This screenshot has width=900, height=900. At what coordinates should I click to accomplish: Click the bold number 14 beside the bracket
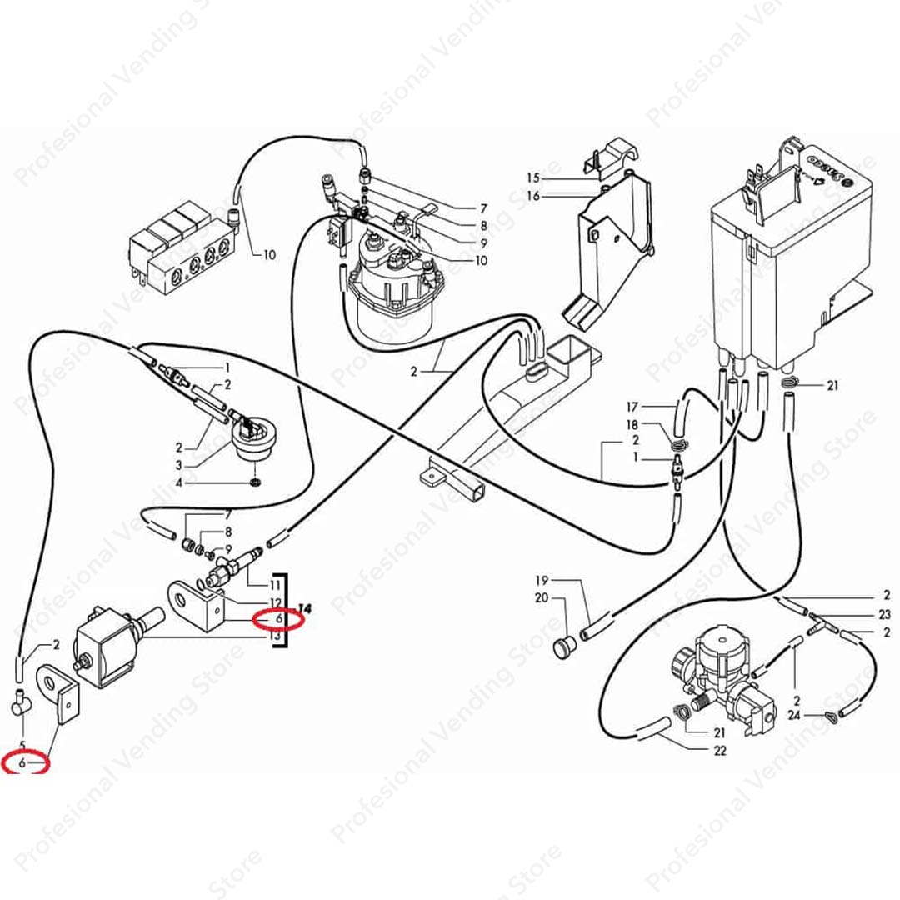tap(304, 608)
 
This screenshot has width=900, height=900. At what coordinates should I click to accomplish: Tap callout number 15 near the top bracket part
tap(533, 178)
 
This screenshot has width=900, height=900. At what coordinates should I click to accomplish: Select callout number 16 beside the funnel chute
tap(533, 196)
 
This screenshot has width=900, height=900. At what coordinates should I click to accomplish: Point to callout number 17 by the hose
tap(632, 407)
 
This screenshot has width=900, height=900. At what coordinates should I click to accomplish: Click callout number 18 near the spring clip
tap(632, 425)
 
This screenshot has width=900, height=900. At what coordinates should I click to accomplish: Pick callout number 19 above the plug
tap(542, 580)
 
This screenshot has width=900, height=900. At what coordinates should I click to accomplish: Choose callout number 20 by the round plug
tap(542, 598)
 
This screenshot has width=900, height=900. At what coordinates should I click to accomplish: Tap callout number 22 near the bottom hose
tap(720, 751)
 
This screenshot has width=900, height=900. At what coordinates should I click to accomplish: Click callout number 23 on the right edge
tap(884, 615)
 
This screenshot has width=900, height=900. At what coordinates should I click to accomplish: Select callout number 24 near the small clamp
tap(794, 716)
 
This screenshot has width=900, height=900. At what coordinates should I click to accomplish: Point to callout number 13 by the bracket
tap(276, 635)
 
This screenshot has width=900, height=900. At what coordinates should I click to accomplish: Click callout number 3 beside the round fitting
tap(178, 466)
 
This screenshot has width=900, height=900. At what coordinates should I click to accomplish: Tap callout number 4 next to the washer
tap(178, 483)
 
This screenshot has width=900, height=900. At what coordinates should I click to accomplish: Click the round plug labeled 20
tap(564, 647)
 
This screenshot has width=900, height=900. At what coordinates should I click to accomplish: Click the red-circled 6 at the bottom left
tap(22, 763)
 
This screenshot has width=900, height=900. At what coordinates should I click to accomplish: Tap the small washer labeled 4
tap(256, 481)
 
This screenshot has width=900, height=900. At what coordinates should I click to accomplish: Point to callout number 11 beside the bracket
tap(276, 586)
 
